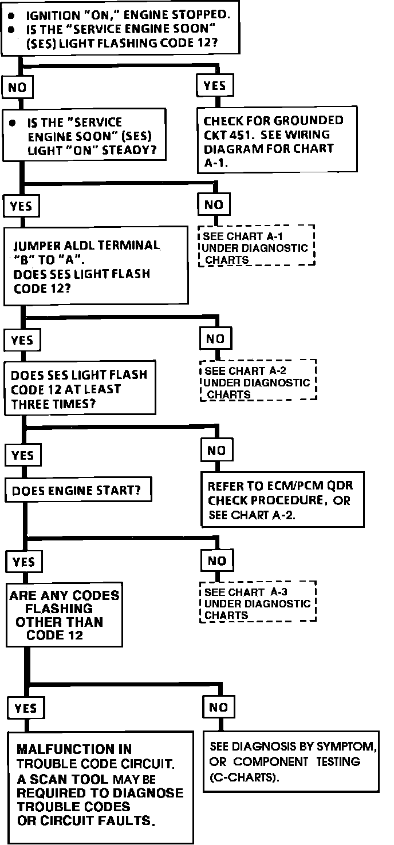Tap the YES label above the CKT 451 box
pyautogui.click(x=215, y=86)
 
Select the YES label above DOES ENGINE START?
pyautogui.click(x=23, y=455)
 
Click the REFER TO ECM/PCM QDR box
pyautogui.click(x=282, y=500)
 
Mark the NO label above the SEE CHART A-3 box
pyautogui.click(x=216, y=561)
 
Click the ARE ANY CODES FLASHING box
pyautogui.click(x=64, y=615)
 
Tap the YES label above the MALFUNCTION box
pyautogui.click(x=25, y=708)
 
